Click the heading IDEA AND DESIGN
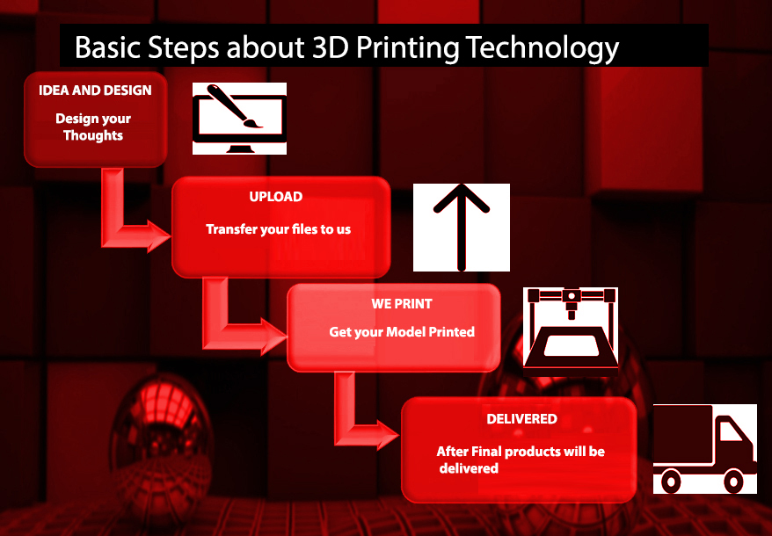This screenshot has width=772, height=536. click(95, 91)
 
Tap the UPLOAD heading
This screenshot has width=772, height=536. click(276, 197)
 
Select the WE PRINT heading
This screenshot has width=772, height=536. click(402, 304)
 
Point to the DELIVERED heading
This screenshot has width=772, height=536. click(522, 419)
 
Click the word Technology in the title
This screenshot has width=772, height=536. click(542, 47)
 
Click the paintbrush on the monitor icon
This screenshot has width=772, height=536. click(235, 106)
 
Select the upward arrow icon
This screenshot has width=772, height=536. click(462, 227)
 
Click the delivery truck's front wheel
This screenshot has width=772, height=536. click(733, 481)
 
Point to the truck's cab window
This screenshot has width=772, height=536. click(731, 431)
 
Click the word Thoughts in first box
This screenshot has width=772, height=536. click(93, 135)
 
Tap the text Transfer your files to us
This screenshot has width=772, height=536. click(278, 229)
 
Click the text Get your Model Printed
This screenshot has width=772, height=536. click(402, 332)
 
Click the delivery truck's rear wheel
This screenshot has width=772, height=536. click(671, 481)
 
